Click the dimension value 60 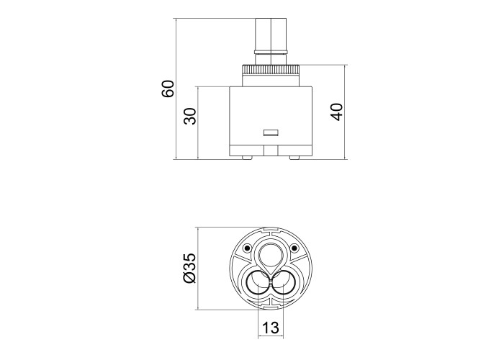pos(168,89)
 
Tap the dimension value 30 pos(190,117)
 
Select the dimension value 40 pos(336,112)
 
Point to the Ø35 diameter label pos(189,268)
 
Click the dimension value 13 pos(271,328)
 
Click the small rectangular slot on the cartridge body pos(271,132)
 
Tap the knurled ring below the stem pos(271,69)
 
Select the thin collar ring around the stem pos(271,51)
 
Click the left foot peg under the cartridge pos(247,158)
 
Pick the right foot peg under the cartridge pos(294,158)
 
